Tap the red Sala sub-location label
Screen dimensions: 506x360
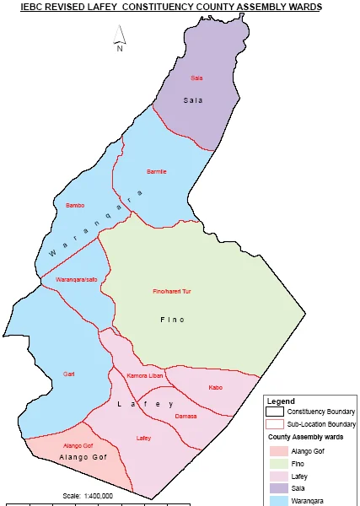197,78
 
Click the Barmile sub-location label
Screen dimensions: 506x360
157,172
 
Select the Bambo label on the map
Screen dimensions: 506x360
75,205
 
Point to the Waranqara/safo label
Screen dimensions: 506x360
77,279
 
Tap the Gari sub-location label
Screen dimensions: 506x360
69,374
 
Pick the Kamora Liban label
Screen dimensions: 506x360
143,375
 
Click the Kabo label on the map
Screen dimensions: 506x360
215,388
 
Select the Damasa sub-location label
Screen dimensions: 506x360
185,416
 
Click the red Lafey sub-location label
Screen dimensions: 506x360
143,438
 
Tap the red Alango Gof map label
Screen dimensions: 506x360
78,444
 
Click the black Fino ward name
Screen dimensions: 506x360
172,320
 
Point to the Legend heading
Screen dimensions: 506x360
281,401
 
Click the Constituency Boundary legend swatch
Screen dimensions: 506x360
275,412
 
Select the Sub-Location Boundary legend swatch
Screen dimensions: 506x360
275,424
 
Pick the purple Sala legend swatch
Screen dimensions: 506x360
275,487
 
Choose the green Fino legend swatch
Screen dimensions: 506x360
275,463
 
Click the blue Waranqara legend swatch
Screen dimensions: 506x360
275,499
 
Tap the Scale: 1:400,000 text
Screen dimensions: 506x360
89,496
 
